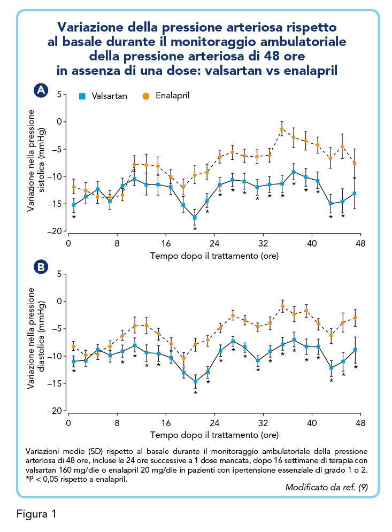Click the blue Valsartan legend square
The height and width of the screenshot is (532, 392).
click(82, 96)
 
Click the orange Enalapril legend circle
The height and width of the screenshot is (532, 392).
click(146, 96)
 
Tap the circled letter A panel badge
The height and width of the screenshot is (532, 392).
click(41, 90)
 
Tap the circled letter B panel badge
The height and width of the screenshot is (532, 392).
click(41, 267)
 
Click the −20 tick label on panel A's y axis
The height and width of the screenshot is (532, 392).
click(55, 232)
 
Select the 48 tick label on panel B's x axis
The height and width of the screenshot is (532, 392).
click(360, 423)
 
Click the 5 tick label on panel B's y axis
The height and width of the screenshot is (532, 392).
click(59, 274)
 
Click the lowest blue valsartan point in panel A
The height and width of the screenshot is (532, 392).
click(195, 218)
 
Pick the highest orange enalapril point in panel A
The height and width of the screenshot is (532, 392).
click(282, 129)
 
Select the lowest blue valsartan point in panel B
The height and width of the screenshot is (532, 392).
click(196, 382)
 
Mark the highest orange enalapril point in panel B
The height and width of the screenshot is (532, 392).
click(282, 306)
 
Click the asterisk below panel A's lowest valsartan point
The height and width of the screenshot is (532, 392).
click(195, 229)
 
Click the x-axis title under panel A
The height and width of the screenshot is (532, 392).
click(214, 256)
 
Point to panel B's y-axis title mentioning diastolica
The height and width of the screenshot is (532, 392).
click(36, 338)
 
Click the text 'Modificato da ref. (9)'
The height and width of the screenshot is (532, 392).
click(327, 487)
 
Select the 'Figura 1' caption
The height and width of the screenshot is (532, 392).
click(36, 514)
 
